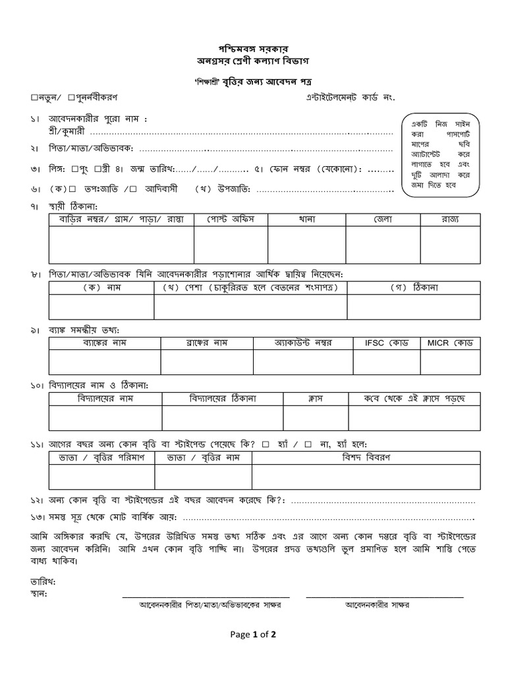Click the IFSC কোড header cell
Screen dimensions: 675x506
(x=387, y=343)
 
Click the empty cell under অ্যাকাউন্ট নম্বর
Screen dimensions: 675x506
(x=303, y=362)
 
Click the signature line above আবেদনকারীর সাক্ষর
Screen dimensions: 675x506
(x=385, y=597)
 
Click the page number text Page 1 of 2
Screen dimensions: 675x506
(x=253, y=635)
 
